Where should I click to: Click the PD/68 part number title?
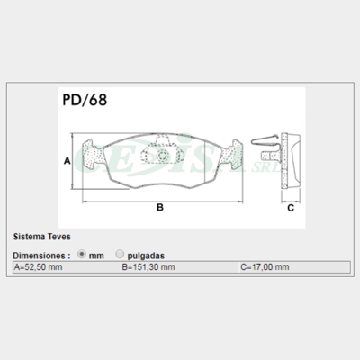85,100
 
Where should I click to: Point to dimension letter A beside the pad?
67,161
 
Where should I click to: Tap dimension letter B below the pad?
160,207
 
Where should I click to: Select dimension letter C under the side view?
291,208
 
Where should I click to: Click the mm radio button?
82,254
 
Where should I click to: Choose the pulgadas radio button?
120,254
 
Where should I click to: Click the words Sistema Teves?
42,237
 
